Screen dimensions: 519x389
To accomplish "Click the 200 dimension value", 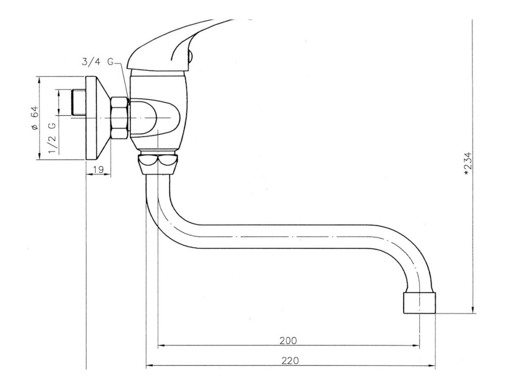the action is click(288, 340).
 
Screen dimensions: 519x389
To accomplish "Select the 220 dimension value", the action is click(290, 360).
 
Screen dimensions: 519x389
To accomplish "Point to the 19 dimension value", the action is click(98, 170).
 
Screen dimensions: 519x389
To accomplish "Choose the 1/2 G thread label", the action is click(52, 138).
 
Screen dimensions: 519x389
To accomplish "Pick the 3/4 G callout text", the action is click(98, 62).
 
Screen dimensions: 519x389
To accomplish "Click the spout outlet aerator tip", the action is click(419, 303).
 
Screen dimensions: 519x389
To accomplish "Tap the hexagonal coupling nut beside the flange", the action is click(119, 118).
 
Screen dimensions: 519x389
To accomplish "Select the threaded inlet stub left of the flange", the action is click(79, 102).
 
